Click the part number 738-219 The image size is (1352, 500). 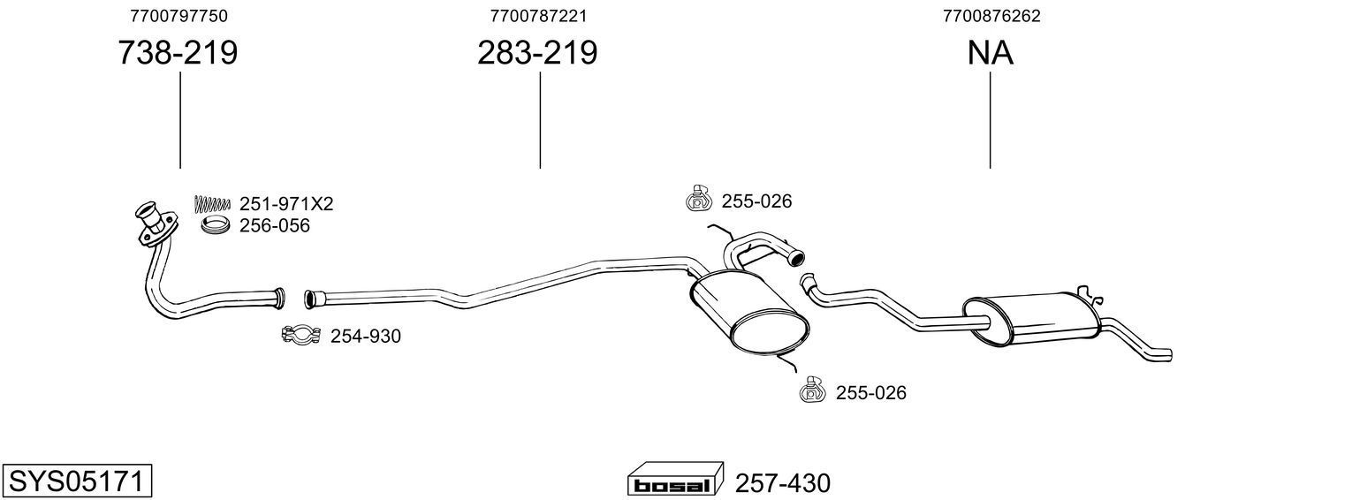pyautogui.click(x=178, y=53)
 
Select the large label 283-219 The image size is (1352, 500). pyautogui.click(x=537, y=53)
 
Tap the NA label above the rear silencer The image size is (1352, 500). pyautogui.click(x=990, y=53)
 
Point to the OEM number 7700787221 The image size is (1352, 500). pyautogui.click(x=538, y=16)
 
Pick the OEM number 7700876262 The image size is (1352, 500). pyautogui.click(x=991, y=16)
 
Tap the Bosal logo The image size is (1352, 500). pyautogui.click(x=674, y=482)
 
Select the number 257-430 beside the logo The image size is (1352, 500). pyautogui.click(x=783, y=483)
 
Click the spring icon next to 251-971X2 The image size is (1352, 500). pyautogui.click(x=211, y=204)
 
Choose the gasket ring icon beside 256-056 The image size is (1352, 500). pyautogui.click(x=216, y=226)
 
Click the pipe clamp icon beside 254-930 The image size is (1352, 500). pyautogui.click(x=300, y=336)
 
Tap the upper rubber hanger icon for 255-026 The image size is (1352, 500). pyautogui.click(x=698, y=200)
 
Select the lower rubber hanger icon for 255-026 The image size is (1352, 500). pyautogui.click(x=811, y=391)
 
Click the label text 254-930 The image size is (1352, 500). pyautogui.click(x=365, y=337)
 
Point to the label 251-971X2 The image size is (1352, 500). pyautogui.click(x=286, y=204)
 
